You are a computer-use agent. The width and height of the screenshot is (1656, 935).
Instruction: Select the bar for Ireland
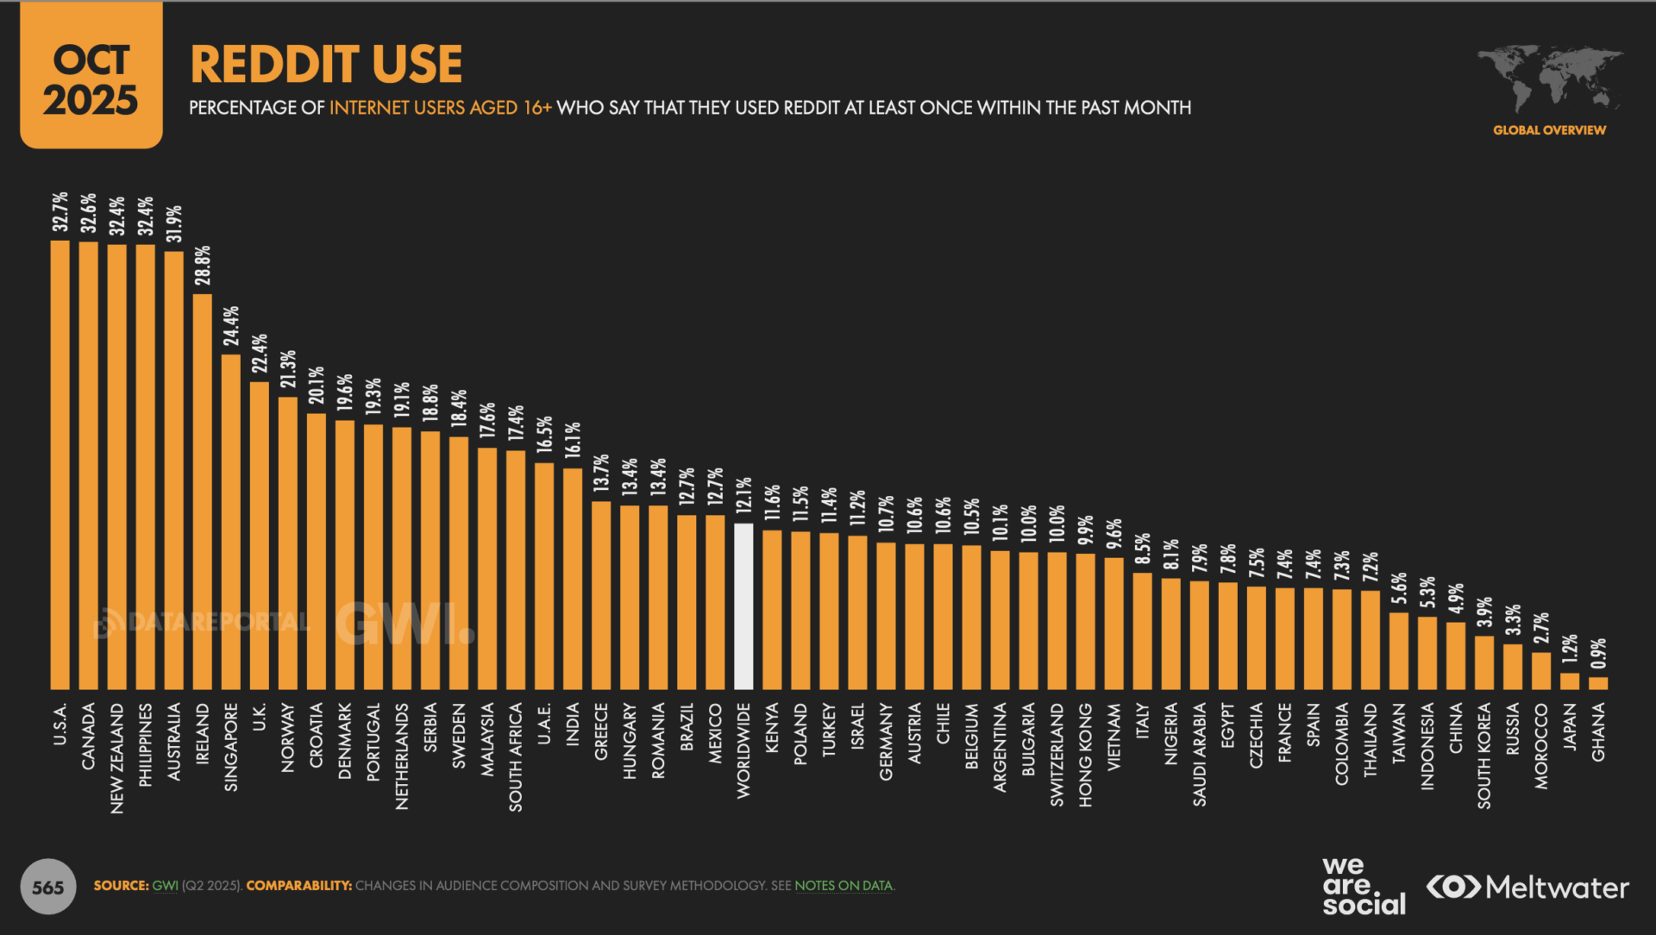click(203, 492)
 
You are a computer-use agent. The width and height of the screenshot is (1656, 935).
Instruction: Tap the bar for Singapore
click(231, 522)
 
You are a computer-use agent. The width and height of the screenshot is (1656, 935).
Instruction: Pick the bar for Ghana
click(1598, 683)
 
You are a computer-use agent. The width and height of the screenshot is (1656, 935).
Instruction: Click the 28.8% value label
click(203, 266)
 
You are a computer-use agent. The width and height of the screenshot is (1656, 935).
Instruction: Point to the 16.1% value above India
click(573, 440)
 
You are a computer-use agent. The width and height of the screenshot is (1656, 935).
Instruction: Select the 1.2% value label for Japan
click(1570, 649)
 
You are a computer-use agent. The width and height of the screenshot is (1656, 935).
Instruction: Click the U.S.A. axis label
click(60, 725)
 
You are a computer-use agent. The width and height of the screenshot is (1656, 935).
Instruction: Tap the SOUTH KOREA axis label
click(1484, 756)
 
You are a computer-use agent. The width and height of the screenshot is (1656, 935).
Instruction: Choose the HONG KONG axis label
click(1086, 755)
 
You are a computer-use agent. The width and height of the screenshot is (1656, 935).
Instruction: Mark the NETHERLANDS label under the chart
click(402, 756)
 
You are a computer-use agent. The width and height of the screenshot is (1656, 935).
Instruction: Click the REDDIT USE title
click(326, 65)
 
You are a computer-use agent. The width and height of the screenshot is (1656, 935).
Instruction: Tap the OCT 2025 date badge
click(91, 78)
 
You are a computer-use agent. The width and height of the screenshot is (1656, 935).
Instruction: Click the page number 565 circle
click(48, 887)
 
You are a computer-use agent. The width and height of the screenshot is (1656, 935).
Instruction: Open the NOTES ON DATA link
click(843, 886)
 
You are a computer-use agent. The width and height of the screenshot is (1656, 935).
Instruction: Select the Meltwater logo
click(1527, 887)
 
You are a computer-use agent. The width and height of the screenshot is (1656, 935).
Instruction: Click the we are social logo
click(1364, 886)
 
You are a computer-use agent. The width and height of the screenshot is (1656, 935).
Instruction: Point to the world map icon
click(1550, 78)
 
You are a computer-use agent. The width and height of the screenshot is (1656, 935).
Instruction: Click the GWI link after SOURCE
click(165, 886)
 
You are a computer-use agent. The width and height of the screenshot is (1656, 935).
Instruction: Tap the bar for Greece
click(601, 595)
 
